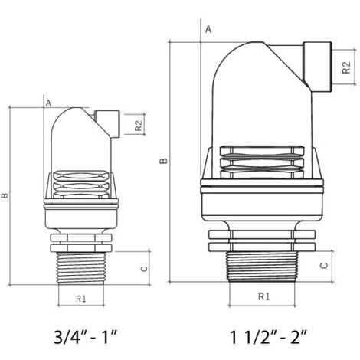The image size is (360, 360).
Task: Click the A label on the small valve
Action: point(48,103)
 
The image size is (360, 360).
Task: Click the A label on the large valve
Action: point(208,29)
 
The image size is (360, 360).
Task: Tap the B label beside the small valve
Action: point(5,195)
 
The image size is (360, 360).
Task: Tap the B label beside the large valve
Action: point(164,161)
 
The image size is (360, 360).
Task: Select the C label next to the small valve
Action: point(144,269)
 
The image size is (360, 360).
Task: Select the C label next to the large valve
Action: point(324,265)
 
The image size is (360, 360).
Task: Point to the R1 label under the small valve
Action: point(81,299)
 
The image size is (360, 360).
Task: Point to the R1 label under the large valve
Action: point(263,296)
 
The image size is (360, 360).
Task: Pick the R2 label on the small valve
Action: point(138,125)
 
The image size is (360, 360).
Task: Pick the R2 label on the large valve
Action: point(346,67)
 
